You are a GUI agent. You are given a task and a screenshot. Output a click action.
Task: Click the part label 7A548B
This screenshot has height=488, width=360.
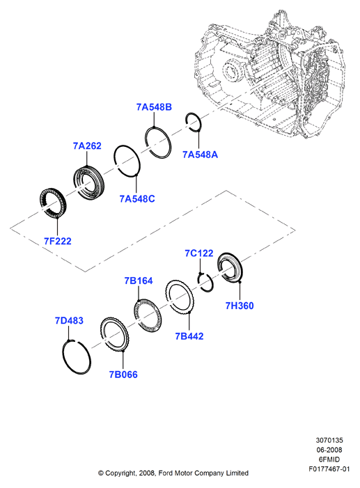coord(154,107)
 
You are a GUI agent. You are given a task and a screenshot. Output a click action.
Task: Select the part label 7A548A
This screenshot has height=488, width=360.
coord(200,155)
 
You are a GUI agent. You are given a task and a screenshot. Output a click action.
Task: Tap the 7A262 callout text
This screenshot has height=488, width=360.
coord(87,145)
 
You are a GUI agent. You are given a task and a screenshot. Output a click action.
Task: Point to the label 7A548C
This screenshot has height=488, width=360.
coord(137,198)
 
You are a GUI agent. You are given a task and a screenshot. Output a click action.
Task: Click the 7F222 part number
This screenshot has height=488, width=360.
coord(58,241)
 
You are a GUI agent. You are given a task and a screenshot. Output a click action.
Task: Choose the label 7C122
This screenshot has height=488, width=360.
coord(199,253)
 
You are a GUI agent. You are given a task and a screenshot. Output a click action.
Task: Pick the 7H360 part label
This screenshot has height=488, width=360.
coord(240,306)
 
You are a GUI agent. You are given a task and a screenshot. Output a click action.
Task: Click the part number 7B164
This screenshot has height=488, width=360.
coord(139,281)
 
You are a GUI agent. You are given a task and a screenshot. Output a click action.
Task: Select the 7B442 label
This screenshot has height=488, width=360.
coord(189,336)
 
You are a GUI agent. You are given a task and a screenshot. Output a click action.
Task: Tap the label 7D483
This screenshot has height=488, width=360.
coord(69,320)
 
